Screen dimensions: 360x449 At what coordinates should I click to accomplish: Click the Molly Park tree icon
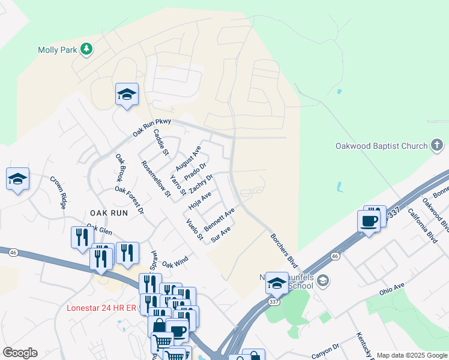[x=86, y=49]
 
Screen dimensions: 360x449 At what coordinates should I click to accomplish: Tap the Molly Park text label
[x=57, y=50]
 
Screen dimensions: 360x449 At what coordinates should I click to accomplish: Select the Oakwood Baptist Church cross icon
[x=438, y=145]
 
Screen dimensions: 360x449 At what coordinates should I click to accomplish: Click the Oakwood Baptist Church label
[x=381, y=146]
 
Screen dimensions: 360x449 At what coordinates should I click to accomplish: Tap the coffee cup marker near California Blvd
[x=369, y=220]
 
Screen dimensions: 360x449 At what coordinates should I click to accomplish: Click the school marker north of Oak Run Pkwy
[x=127, y=94]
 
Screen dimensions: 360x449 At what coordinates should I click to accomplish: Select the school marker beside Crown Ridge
[x=17, y=179]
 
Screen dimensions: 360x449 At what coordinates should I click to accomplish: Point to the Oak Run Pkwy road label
[x=152, y=128]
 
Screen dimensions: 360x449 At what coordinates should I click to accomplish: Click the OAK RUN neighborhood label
[x=109, y=213]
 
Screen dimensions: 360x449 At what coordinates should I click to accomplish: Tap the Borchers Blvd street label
[x=283, y=251]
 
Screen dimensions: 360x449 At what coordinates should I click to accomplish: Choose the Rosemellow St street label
[x=155, y=179]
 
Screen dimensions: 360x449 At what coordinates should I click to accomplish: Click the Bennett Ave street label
[x=218, y=220]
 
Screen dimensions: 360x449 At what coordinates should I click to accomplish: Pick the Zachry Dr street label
[x=201, y=184]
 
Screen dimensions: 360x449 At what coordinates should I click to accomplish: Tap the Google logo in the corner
[x=20, y=352]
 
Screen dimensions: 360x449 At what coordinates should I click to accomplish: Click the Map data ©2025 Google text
[x=411, y=355]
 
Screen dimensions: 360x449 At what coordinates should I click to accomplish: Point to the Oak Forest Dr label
[x=130, y=199]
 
